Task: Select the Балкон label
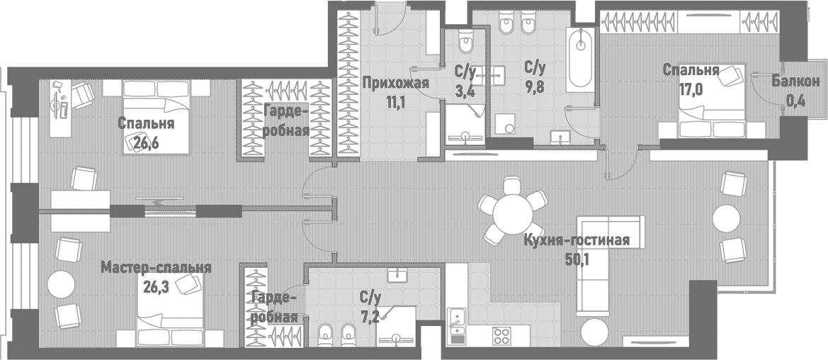(x=796, y=83)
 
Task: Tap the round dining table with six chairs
(x=514, y=211)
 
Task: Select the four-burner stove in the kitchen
(x=502, y=335)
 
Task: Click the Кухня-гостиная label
(x=576, y=240)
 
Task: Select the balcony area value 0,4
(x=795, y=101)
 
